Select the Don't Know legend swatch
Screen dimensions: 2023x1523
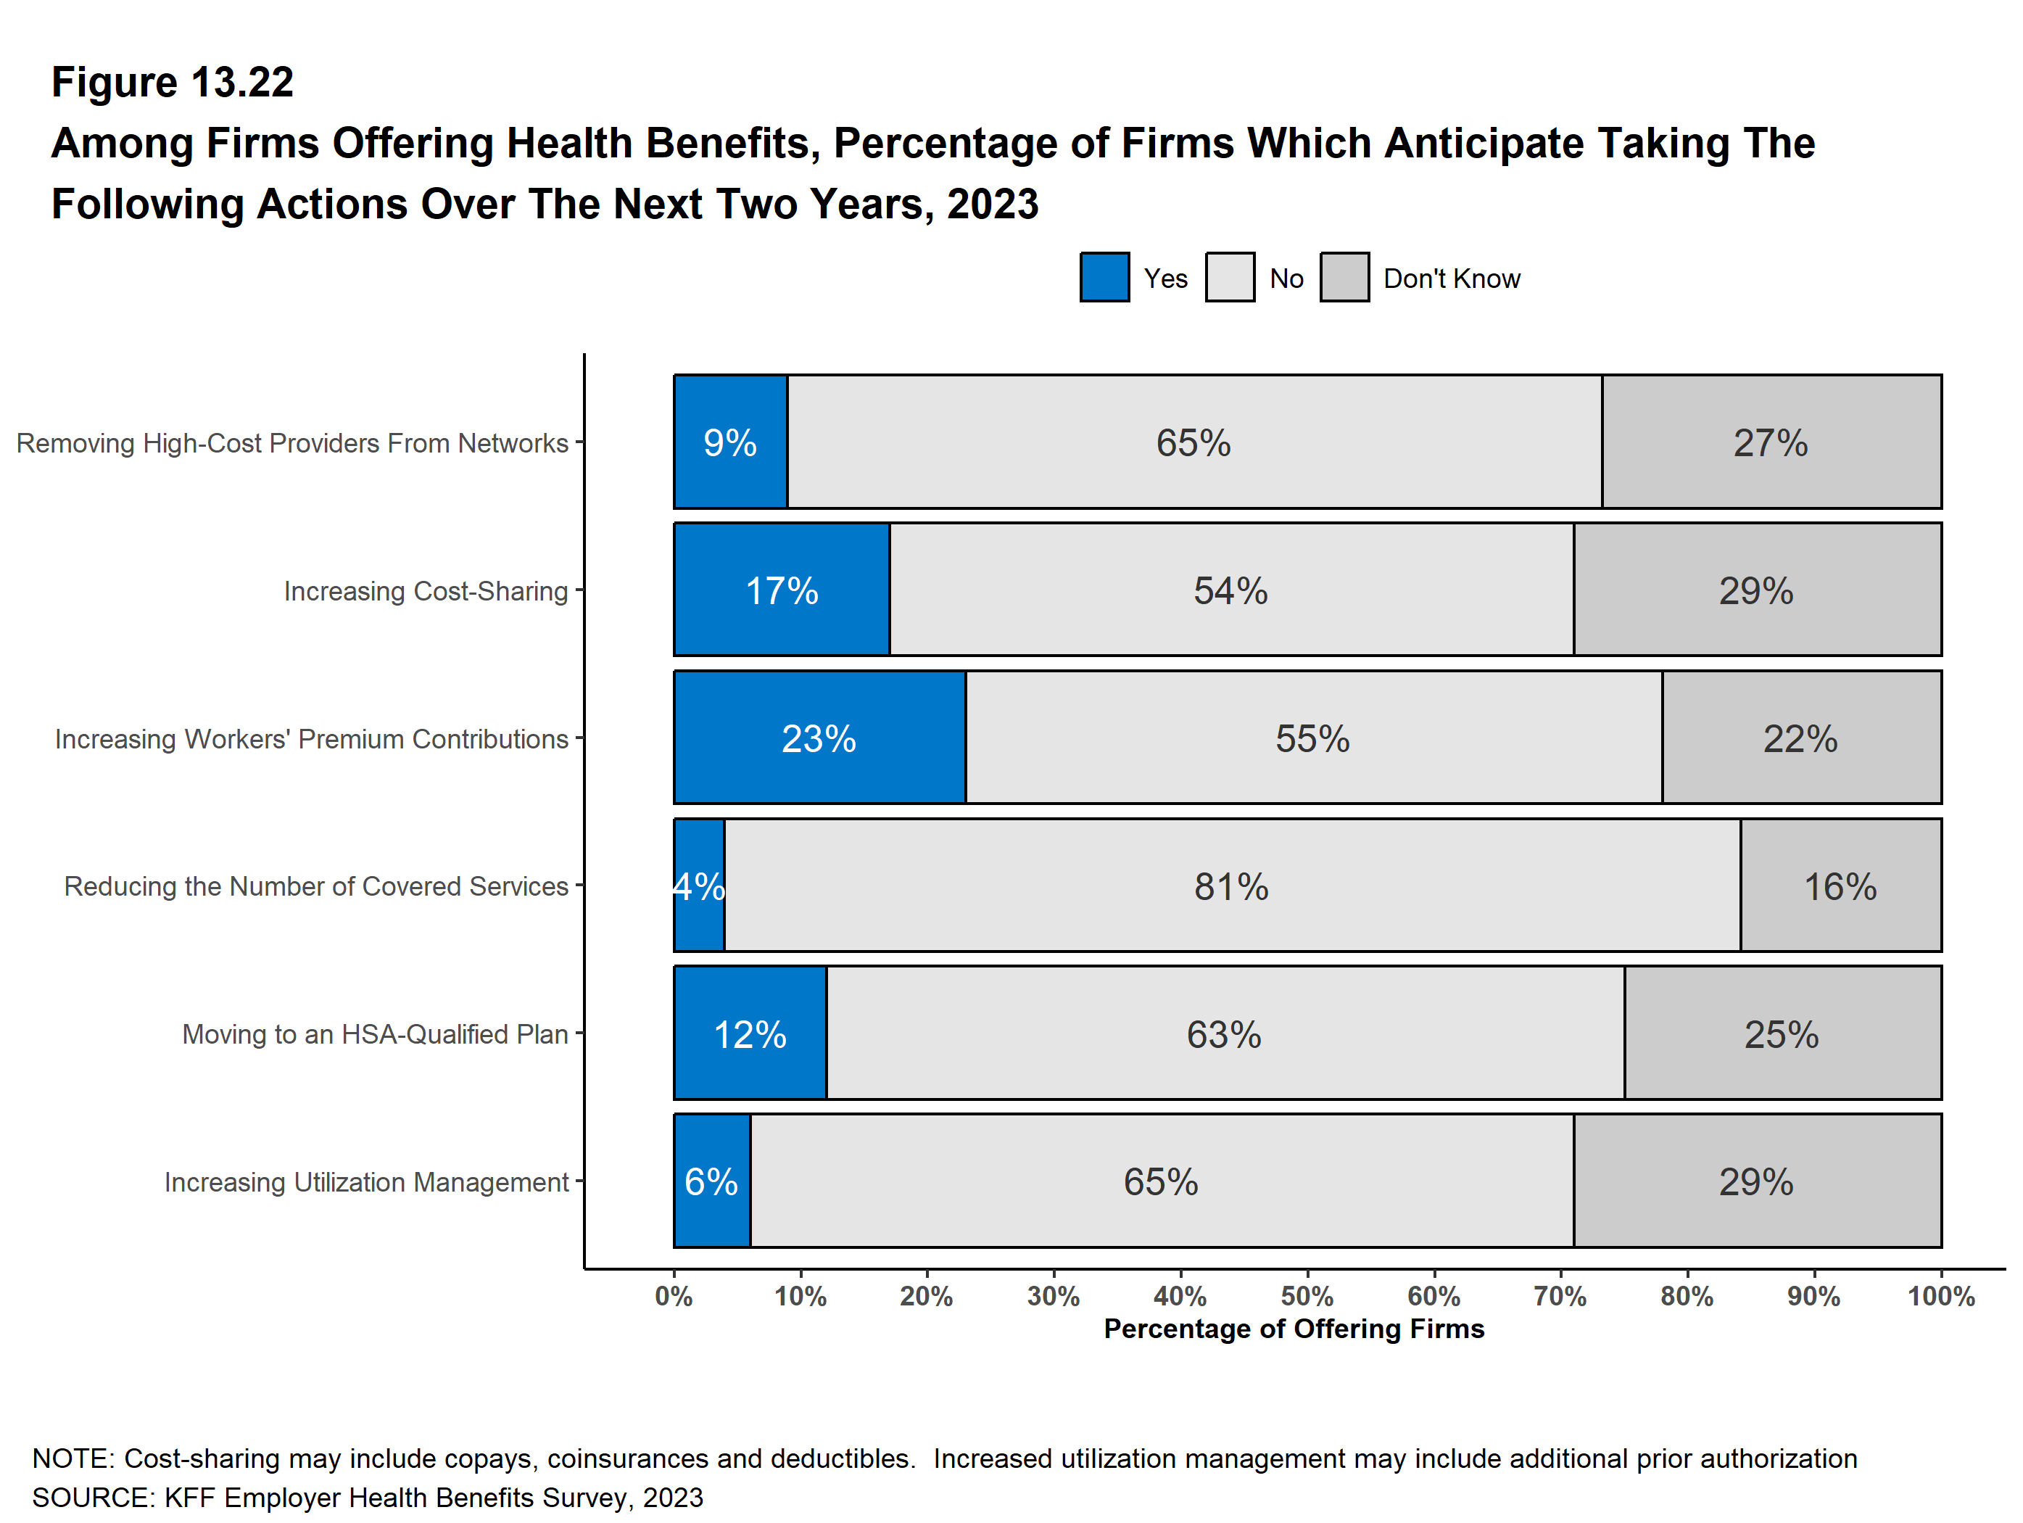[x=1344, y=277]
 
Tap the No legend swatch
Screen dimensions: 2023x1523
[x=1230, y=277]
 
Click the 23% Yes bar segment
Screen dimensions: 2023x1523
[x=819, y=738]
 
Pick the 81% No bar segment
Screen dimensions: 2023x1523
[x=1232, y=886]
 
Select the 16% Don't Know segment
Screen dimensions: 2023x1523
[x=1841, y=886]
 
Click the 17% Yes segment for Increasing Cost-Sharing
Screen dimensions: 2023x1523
[x=782, y=590]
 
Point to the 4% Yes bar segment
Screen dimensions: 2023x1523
[x=700, y=886]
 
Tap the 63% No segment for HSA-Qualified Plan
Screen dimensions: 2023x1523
[x=1225, y=1033]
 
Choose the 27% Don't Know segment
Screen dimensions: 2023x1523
[x=1771, y=442]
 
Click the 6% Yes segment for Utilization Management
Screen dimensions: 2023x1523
[x=713, y=1181]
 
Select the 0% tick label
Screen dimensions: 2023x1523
[x=674, y=1296]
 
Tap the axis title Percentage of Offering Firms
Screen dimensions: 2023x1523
[x=1294, y=1329]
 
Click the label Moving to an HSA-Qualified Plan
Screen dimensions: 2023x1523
[x=375, y=1034]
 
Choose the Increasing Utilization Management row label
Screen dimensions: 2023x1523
[x=366, y=1183]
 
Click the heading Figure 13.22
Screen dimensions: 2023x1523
[x=172, y=83]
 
